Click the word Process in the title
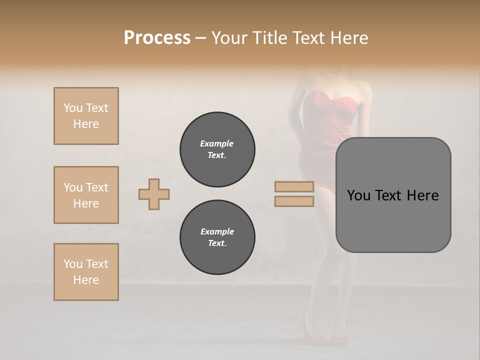pos(157,38)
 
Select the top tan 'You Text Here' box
pos(86,116)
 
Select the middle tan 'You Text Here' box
pos(86,195)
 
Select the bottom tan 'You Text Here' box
pos(86,272)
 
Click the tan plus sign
pos(154,194)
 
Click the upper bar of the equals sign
pos(294,186)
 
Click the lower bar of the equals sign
pos(294,201)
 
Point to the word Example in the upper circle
pos(217,143)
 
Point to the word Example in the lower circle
pos(217,231)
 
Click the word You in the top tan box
pos(73,108)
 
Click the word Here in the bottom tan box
pos(86,280)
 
